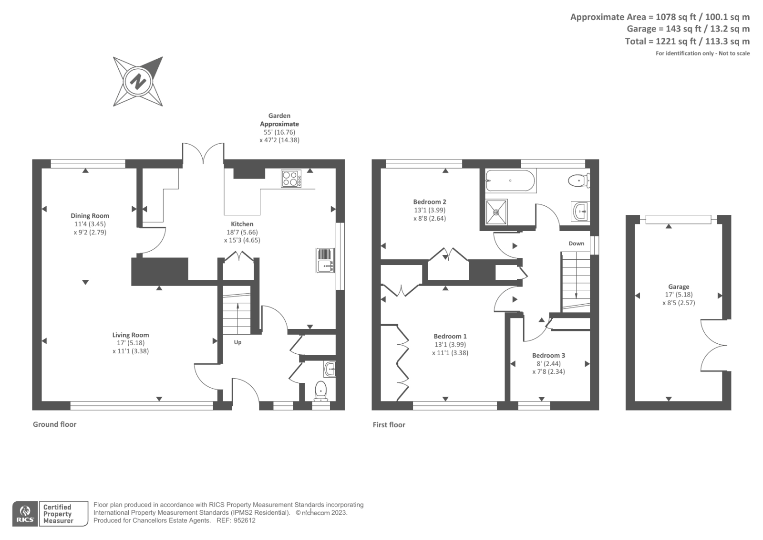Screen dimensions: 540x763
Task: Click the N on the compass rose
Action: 138,81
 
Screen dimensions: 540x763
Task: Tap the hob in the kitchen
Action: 291,179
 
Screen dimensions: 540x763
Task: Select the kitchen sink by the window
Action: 325,260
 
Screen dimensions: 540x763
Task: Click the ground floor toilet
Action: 320,391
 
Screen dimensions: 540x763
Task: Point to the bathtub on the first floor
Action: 510,181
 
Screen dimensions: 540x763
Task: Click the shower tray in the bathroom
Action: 496,212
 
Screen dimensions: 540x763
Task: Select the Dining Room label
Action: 90,216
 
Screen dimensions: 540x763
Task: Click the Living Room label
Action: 131,335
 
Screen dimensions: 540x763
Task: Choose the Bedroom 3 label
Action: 548,356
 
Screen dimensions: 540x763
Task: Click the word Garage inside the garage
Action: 678,287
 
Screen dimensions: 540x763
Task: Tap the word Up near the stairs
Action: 237,342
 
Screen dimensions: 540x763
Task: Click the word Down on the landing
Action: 576,244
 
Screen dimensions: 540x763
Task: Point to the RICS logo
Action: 25,514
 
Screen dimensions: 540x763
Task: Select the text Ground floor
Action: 54,424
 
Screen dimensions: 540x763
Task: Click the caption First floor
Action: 389,425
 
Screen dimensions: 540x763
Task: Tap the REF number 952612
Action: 245,520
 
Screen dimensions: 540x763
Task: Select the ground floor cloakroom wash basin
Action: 330,369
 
